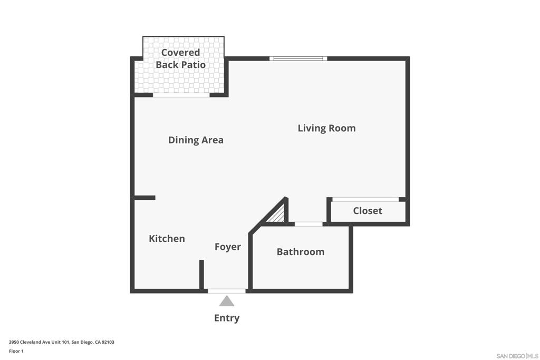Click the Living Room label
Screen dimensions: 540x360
pos(326,128)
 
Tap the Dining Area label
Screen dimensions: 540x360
pos(196,140)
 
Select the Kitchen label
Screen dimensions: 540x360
pos(167,239)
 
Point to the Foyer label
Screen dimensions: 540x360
pos(228,247)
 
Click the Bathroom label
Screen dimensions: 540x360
pos(300,251)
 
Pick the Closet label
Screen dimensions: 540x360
pos(368,211)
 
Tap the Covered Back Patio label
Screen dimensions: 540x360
pos(180,59)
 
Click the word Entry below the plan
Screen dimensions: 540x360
pos(227,318)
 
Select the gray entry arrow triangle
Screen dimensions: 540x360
pos(227,301)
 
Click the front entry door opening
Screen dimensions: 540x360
pos(227,291)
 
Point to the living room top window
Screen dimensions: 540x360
pos(298,59)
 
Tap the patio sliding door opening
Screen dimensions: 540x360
pos(181,95)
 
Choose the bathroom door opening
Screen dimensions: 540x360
pos(308,224)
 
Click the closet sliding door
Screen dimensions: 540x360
pos(365,199)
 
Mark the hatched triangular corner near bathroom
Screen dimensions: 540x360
pos(277,215)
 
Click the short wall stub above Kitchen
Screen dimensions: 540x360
pos(144,198)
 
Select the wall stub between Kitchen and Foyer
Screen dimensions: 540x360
pos(201,275)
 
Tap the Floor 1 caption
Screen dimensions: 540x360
pos(16,351)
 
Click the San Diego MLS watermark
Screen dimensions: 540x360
pos(517,356)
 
